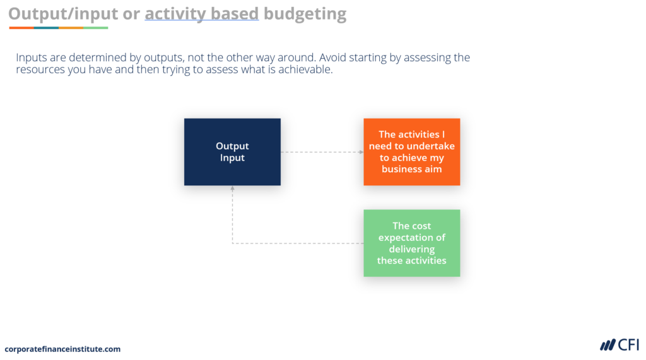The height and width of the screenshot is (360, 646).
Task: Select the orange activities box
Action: click(x=411, y=152)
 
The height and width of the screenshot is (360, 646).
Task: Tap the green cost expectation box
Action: click(x=411, y=243)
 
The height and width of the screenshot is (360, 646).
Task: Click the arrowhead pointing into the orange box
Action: click(x=360, y=152)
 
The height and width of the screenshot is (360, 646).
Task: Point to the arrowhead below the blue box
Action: click(x=232, y=189)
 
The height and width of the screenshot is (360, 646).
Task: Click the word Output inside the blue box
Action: click(x=232, y=146)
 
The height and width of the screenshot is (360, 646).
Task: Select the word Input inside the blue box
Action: click(x=232, y=158)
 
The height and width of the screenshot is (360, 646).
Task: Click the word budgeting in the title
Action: click(x=305, y=13)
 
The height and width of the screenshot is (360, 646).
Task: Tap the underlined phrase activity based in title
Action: click(x=201, y=13)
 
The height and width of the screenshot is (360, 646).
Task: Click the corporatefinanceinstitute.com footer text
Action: click(x=62, y=349)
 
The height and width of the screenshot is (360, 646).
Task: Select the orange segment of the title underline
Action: click(x=71, y=28)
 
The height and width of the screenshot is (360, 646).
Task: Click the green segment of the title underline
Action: click(x=95, y=28)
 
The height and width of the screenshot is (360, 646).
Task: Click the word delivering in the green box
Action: click(x=411, y=249)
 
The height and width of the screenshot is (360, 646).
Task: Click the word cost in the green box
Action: click(x=421, y=226)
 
